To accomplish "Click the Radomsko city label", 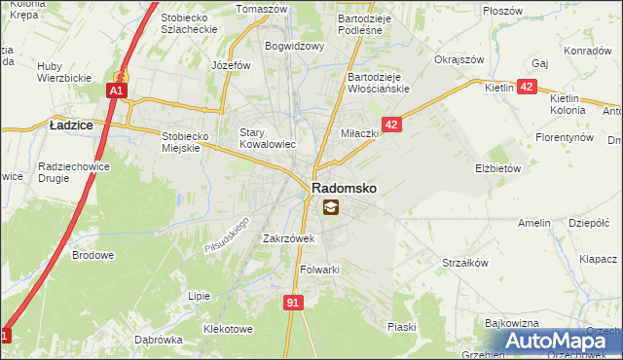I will click(344, 187).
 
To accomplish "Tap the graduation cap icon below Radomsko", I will click(331, 206).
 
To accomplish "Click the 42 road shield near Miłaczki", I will click(391, 125).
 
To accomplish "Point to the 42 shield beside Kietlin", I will click(526, 88).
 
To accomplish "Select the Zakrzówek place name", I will click(288, 237).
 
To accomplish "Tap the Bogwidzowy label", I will click(295, 45).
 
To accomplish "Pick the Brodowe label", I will click(93, 255).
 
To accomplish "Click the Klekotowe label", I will click(227, 329).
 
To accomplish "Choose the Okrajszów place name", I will click(459, 59).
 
